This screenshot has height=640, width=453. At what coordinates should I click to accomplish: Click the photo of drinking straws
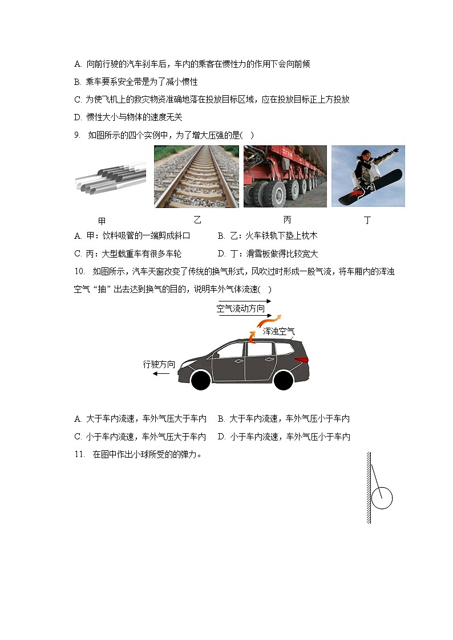(110, 177)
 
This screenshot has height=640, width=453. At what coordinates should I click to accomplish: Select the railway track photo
(197, 177)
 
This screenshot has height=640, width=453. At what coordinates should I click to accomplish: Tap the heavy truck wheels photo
(285, 177)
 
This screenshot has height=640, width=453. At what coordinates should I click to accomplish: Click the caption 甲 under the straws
(102, 221)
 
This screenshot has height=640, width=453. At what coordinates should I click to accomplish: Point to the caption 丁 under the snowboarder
(367, 220)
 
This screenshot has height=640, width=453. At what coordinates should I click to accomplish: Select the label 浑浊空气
(278, 331)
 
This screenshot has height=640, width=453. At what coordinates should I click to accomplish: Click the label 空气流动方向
(241, 309)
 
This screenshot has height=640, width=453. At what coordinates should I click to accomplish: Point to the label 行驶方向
(159, 364)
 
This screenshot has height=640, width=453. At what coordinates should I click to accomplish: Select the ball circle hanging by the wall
(382, 498)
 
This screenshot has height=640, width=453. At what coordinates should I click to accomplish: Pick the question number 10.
(79, 271)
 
